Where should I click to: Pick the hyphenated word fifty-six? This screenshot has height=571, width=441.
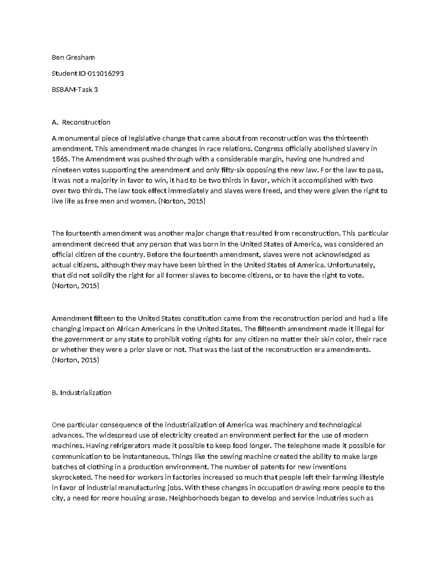(236, 170)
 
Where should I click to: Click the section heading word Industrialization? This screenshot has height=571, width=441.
(86, 393)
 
